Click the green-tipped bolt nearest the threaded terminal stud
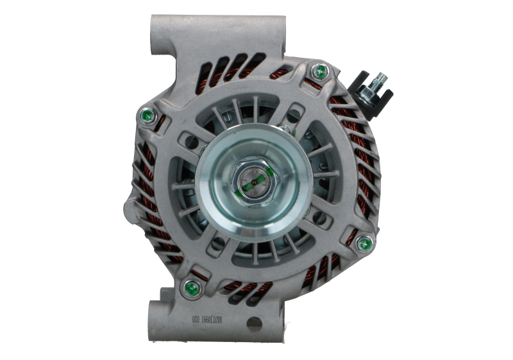pos(320,73)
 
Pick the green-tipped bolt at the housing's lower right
pos(364,243)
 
